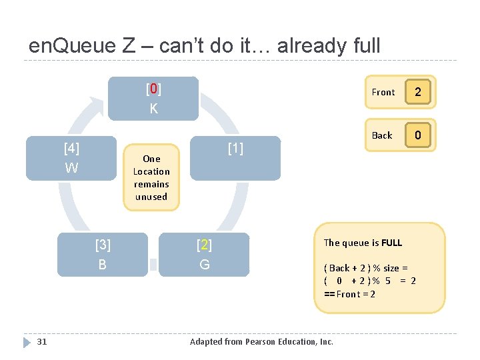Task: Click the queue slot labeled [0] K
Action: coord(153,99)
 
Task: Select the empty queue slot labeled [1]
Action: coord(235,158)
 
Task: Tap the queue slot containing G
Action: coord(204,254)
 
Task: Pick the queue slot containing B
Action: coord(102,254)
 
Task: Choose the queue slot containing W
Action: coord(71,158)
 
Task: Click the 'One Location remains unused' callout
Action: coord(151,177)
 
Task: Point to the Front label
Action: coord(383,93)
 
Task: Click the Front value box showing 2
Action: coord(418,92)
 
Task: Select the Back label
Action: coord(382,135)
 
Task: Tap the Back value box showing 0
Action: coord(418,135)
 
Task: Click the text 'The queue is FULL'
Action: coord(363,243)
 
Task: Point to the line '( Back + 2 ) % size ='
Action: coord(365,268)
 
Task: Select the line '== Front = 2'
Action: coord(349,294)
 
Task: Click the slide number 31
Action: coord(41,342)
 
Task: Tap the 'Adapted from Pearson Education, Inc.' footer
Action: coord(261,342)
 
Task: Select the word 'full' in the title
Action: coord(365,46)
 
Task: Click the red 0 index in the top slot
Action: coord(153,89)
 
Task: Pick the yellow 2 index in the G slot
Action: coord(204,245)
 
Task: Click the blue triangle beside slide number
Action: coord(27,342)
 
